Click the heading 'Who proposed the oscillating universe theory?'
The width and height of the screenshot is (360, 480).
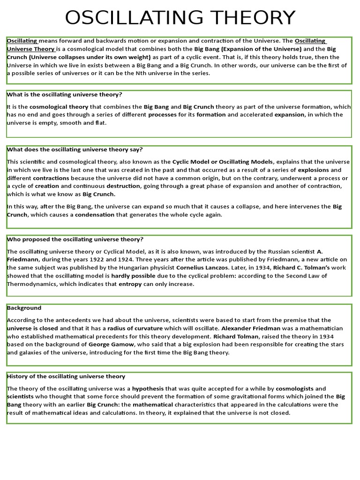[x=75, y=239]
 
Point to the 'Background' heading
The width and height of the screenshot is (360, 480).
[x=24, y=308]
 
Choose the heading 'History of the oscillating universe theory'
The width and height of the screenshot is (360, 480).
[x=66, y=376]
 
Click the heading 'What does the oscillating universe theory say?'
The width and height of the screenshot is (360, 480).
[x=75, y=150]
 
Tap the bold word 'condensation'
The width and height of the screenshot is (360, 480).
[x=95, y=215]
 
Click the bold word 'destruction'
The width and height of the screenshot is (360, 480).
[x=123, y=186]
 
